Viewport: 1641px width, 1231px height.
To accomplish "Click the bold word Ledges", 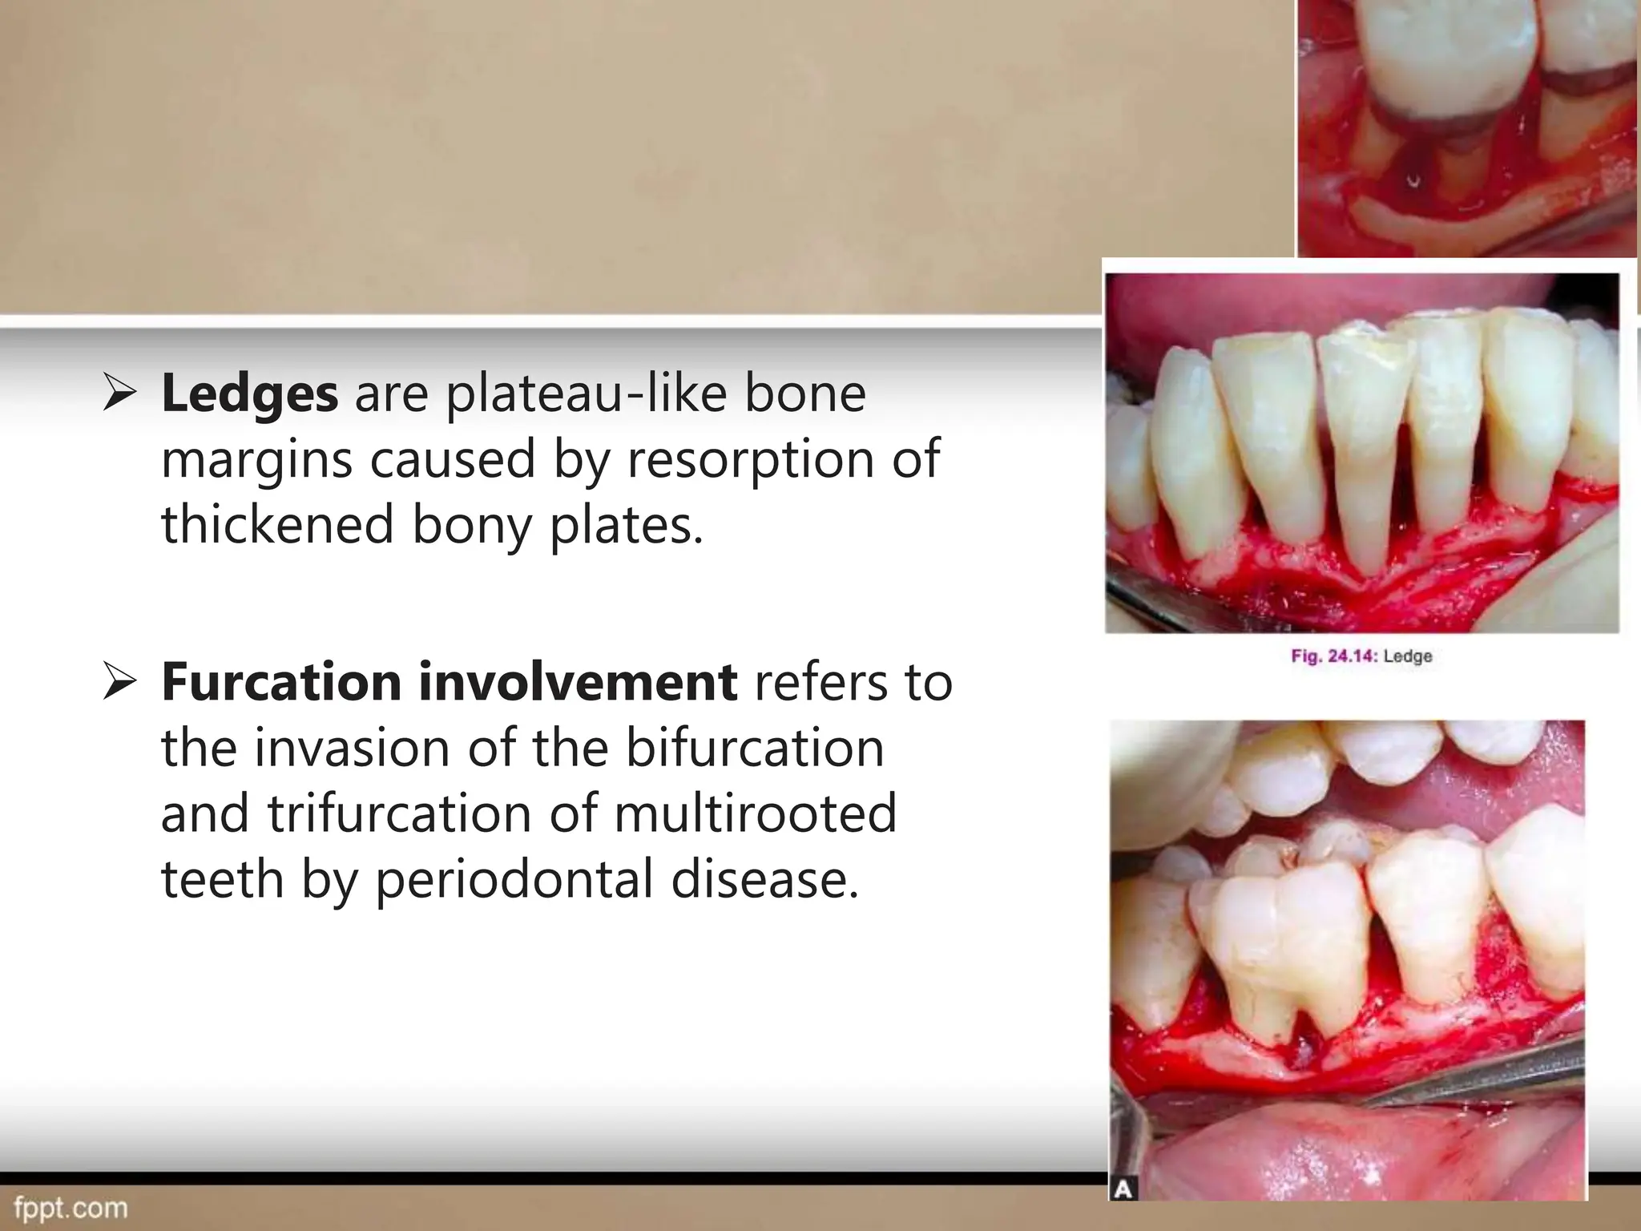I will (x=249, y=394).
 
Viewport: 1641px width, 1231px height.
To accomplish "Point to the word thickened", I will (x=277, y=525).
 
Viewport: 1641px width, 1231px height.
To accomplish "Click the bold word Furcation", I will (x=281, y=682).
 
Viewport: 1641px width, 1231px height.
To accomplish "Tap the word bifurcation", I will (x=755, y=748).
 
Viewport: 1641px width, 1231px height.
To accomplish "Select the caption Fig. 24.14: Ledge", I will (x=1361, y=656).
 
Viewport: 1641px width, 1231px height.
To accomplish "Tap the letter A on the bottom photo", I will (x=1123, y=1189).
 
